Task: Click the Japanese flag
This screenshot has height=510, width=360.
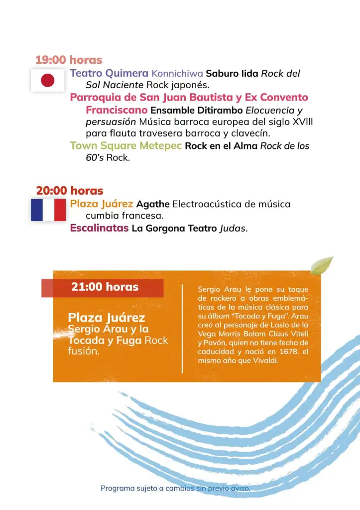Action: tap(47, 80)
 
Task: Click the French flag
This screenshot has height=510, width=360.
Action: tap(48, 210)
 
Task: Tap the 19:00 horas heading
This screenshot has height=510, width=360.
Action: tap(69, 60)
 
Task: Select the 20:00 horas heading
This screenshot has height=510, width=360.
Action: tap(70, 191)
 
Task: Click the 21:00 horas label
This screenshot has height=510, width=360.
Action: tap(105, 287)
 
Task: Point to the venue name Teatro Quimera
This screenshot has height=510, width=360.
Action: tap(109, 74)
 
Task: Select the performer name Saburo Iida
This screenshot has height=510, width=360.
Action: tap(232, 74)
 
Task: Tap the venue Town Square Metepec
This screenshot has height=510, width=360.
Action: tap(125, 146)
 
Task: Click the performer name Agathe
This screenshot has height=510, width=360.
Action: tap(153, 204)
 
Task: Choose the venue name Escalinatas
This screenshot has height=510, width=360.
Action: tap(99, 229)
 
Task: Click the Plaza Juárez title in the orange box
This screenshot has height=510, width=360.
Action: tap(107, 318)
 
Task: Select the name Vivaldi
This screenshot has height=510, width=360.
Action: tap(263, 361)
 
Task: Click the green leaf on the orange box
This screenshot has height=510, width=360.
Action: tap(321, 265)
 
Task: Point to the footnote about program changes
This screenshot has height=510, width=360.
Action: tap(175, 488)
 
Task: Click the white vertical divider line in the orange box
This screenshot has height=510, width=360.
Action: tap(183, 329)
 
